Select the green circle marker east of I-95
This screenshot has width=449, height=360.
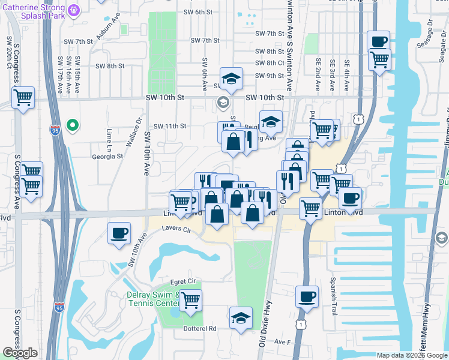(73, 125)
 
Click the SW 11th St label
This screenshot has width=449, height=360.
(170, 126)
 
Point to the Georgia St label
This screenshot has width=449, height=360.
(107, 156)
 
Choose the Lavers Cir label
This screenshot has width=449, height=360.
(176, 230)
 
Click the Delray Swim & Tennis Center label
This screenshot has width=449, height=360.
(152, 298)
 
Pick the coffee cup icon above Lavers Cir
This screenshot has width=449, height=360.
(119, 233)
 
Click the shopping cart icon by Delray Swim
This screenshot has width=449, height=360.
(190, 299)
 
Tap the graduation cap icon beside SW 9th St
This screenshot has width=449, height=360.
(230, 77)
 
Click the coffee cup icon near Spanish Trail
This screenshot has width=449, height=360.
(307, 296)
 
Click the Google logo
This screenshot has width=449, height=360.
(20, 353)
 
